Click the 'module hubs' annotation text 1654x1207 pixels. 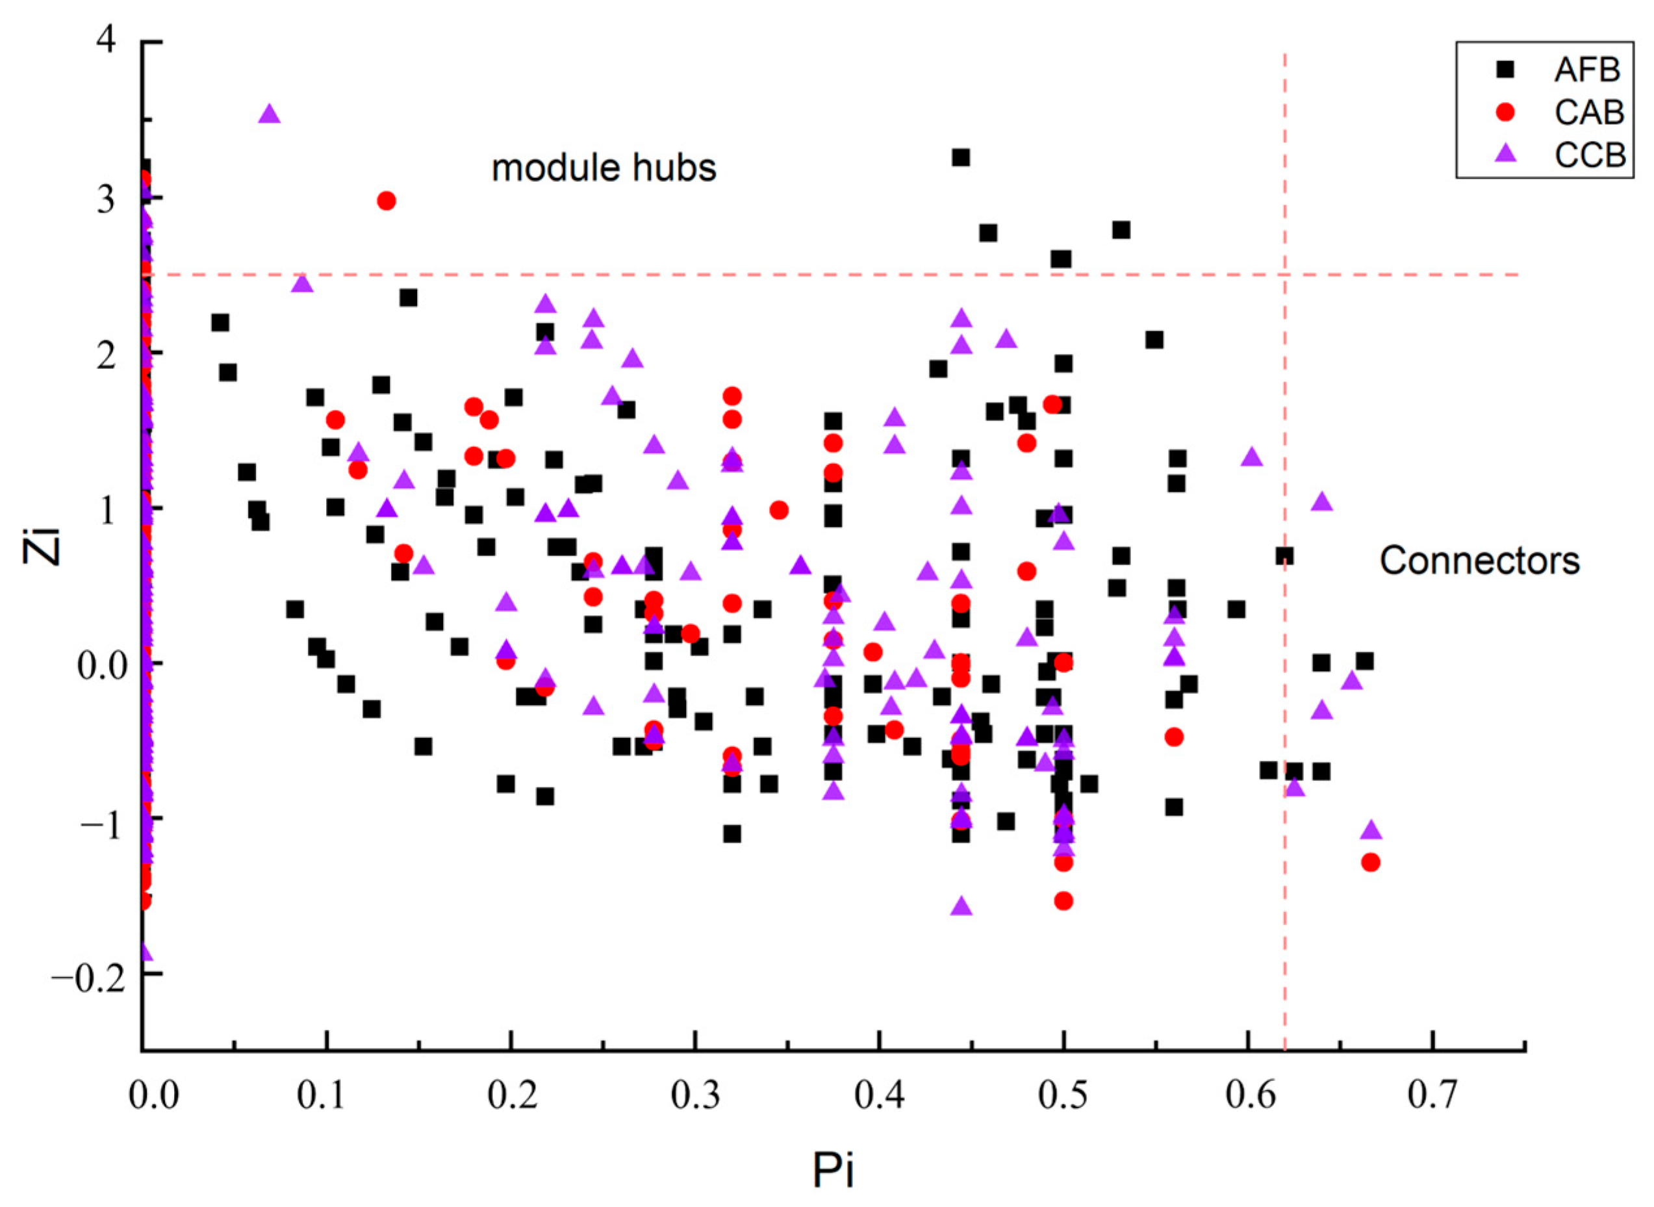click(x=604, y=168)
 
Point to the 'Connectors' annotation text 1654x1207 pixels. click(x=1479, y=561)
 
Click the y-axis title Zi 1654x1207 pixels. click(x=42, y=542)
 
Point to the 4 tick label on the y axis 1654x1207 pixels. click(x=107, y=40)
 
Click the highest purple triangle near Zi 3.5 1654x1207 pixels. click(x=270, y=114)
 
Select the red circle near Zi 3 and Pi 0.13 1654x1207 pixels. click(x=387, y=201)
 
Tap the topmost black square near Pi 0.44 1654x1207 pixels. click(x=961, y=158)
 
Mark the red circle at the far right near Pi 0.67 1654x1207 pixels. click(x=1371, y=862)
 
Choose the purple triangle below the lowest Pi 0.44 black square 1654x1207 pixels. click(x=961, y=907)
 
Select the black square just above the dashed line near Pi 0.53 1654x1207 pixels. click(x=1121, y=231)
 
